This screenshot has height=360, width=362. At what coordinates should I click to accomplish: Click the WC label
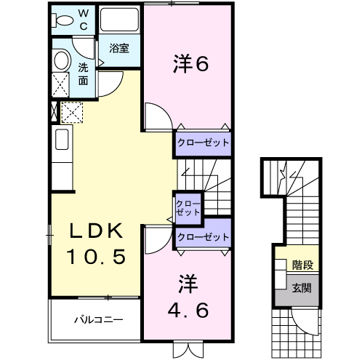click(83, 18)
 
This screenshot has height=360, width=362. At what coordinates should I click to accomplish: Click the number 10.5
click(98, 256)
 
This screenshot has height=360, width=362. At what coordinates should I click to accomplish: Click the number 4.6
click(190, 298)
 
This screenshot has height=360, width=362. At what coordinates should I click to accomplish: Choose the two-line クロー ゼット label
click(188, 207)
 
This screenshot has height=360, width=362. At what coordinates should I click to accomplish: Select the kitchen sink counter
click(61, 145)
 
